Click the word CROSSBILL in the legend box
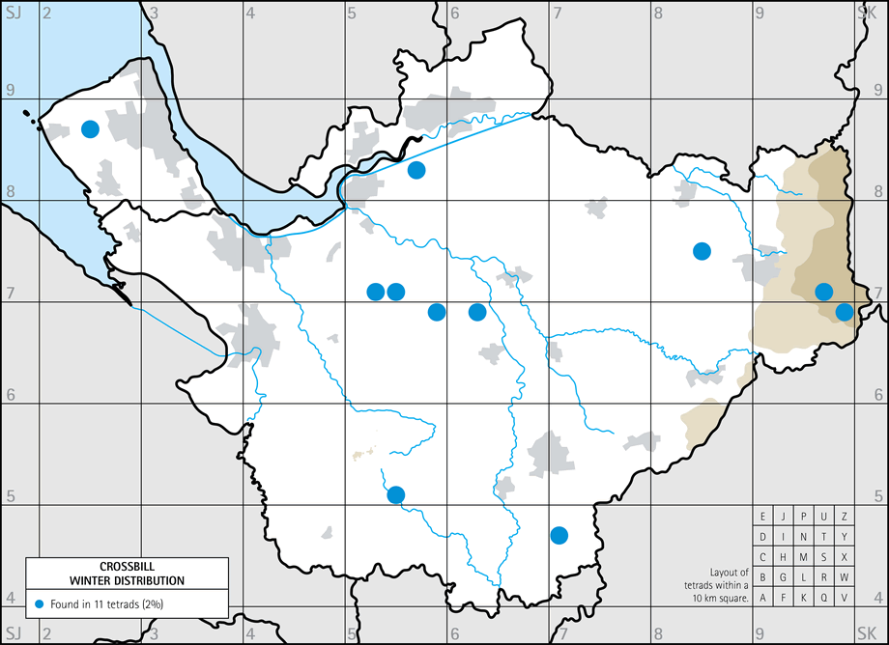tap(128, 567)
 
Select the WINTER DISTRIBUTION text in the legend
tap(128, 580)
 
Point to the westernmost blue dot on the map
tap(90, 128)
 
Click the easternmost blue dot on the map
tap(845, 311)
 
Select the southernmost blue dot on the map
tap(559, 534)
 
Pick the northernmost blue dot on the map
tap(90, 128)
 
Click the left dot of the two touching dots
tap(376, 292)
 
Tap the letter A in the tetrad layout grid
tap(763, 598)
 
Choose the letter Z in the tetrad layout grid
tap(845, 517)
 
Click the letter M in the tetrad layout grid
tap(804, 557)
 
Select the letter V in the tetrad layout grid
tap(845, 598)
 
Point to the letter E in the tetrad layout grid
tap(763, 517)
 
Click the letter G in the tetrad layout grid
tap(784, 577)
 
